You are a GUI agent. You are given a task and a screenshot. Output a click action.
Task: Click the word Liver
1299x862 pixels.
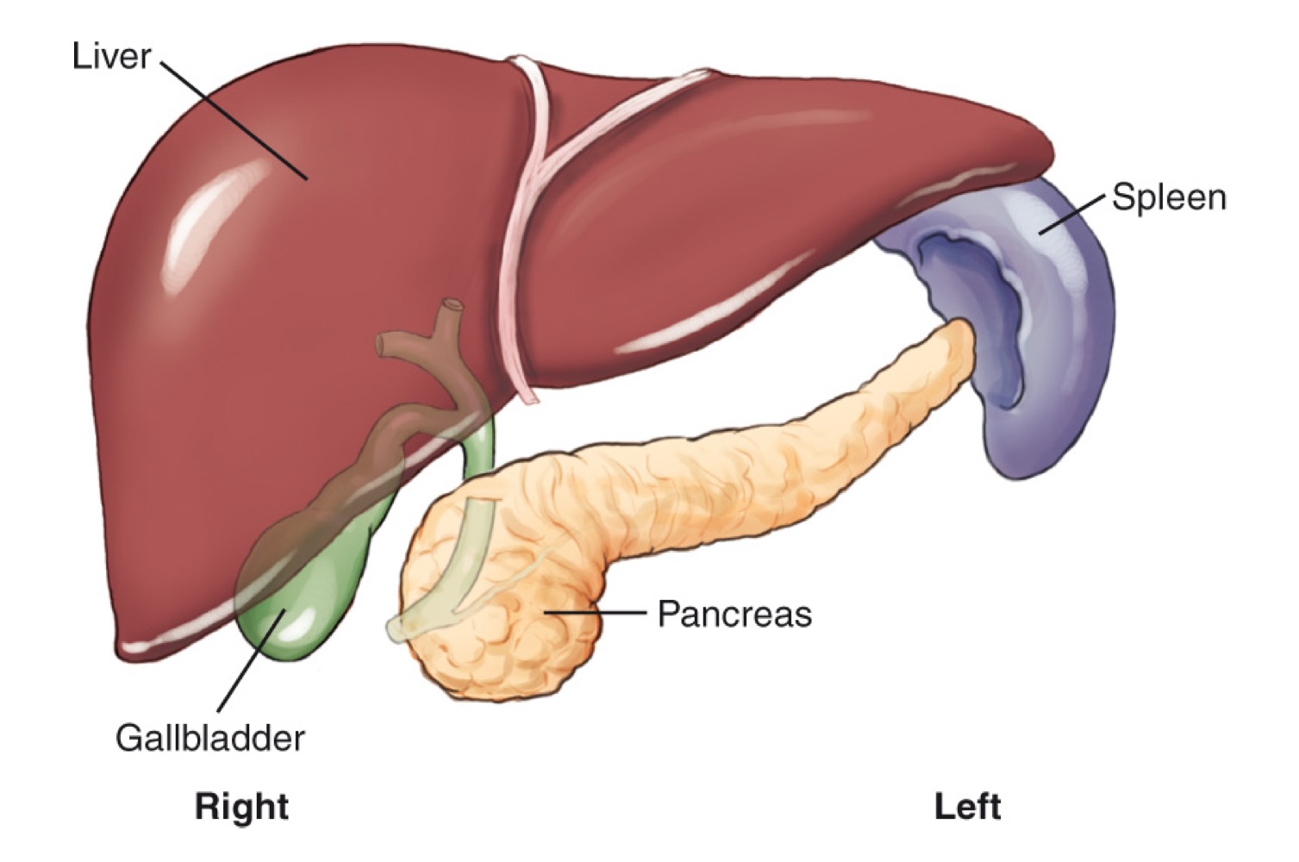[x=111, y=57]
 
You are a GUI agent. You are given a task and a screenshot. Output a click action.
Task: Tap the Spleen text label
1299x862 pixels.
[x=1168, y=197]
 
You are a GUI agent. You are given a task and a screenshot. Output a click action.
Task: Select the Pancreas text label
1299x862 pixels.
[x=734, y=615]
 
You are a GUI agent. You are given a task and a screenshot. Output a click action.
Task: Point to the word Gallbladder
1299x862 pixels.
[x=210, y=739]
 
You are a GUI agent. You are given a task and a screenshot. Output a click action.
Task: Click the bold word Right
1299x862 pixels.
[x=241, y=807]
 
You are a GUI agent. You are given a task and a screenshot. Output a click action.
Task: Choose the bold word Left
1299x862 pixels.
[x=967, y=807]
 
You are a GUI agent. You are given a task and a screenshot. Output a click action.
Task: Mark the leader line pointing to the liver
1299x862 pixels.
[x=233, y=121]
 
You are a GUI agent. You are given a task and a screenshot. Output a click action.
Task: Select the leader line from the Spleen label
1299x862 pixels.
[x=1072, y=215]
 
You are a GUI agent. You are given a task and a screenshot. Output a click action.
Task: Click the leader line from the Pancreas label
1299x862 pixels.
[x=595, y=613]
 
